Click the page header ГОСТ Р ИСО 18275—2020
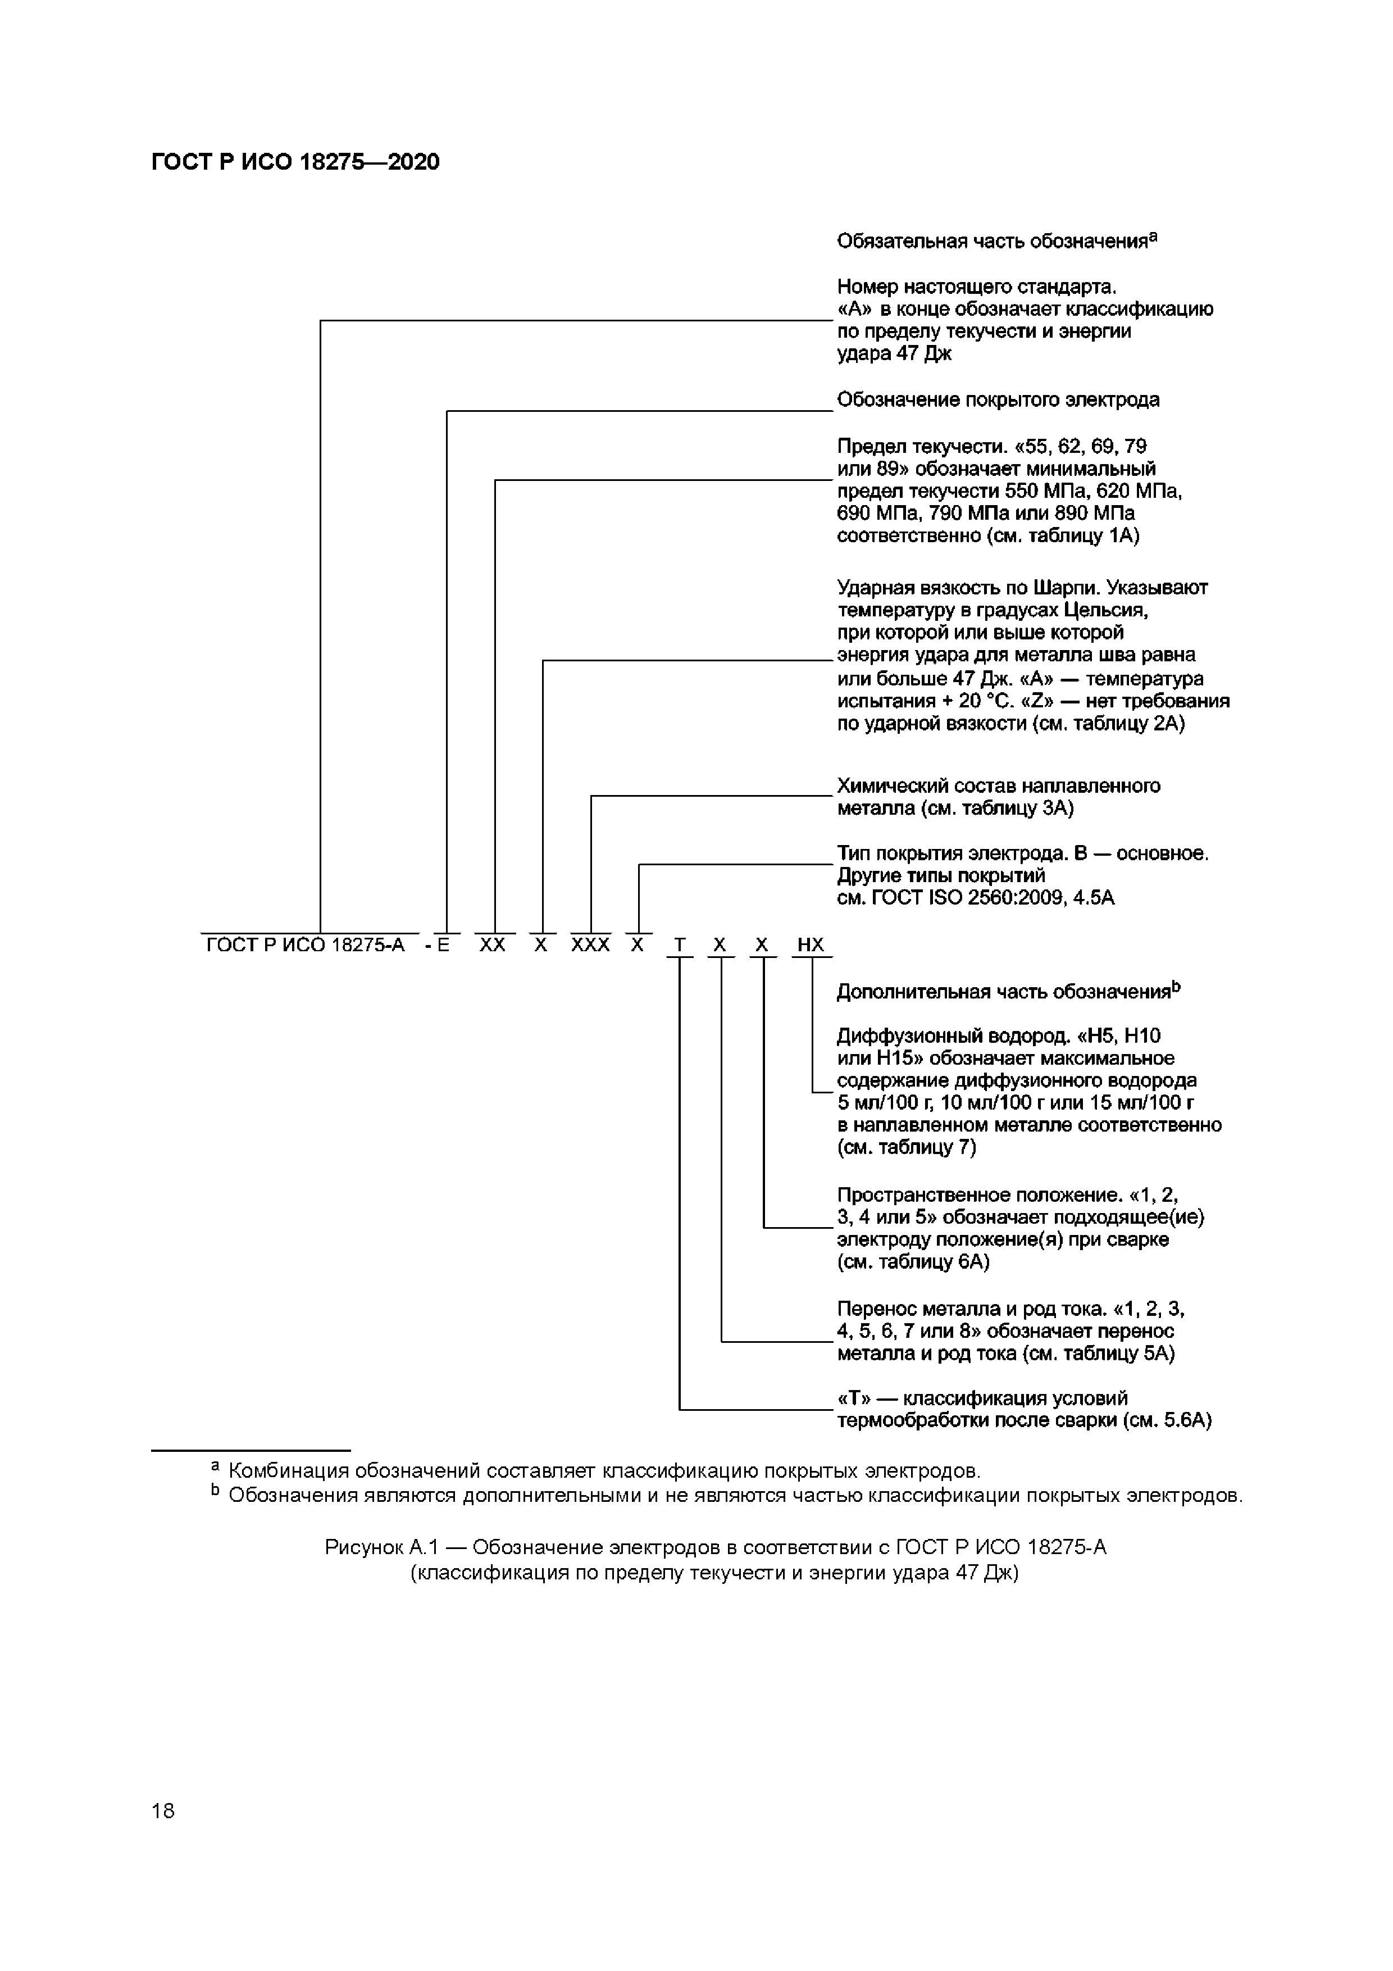(295, 162)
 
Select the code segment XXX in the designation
(590, 945)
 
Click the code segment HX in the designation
(810, 945)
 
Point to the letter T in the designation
(680, 945)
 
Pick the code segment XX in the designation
(493, 945)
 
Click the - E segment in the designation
(438, 945)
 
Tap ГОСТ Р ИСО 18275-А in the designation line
(306, 945)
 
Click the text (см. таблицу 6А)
(913, 1262)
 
